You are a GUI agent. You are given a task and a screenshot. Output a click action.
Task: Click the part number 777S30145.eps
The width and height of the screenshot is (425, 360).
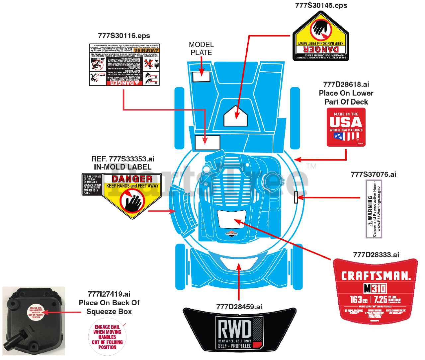tap(321, 6)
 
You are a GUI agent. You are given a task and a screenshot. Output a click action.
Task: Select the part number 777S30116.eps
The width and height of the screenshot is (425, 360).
tap(124, 36)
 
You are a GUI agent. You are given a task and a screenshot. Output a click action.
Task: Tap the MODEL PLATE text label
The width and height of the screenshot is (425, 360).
tap(201, 48)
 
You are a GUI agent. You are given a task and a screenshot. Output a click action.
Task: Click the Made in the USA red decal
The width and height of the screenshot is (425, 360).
tap(346, 127)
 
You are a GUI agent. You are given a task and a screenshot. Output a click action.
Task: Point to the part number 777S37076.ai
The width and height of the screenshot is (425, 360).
tap(374, 175)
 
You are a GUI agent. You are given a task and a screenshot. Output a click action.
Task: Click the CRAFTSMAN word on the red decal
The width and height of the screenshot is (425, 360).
tap(376, 276)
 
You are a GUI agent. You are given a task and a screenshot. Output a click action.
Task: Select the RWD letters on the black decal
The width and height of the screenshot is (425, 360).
tap(235, 329)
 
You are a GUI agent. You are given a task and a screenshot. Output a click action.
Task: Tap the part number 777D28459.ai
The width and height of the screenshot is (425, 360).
tap(239, 307)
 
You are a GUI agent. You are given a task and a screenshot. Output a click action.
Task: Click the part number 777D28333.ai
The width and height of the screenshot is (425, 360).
tap(376, 255)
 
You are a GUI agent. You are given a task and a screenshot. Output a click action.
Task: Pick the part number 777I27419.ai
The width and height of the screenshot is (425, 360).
tap(109, 294)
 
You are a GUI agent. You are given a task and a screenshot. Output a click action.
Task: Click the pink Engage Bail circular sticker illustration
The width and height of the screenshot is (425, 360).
tap(107, 337)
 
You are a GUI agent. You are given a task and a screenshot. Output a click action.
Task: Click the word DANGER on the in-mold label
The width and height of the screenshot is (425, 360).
tap(132, 179)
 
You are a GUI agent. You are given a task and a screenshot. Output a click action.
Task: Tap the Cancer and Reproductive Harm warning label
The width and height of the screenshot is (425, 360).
tap(374, 209)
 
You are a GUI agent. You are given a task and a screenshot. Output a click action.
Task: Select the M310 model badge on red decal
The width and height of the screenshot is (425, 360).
tap(375, 289)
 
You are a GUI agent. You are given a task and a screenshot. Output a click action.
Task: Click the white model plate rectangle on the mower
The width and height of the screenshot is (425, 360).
tap(201, 77)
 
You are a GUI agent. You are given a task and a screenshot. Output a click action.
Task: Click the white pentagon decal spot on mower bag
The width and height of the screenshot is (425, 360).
tap(235, 116)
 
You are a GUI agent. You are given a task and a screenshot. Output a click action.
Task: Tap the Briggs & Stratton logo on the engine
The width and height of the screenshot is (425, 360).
tap(231, 234)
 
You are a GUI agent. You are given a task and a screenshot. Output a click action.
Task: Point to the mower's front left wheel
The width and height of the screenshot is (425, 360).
tap(180, 267)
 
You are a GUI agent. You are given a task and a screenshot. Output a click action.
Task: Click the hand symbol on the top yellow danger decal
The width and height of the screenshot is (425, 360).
tap(321, 29)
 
